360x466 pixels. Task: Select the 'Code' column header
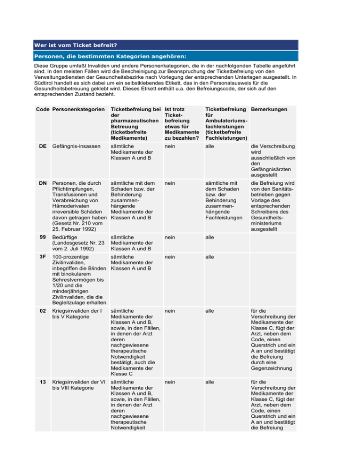click(x=43, y=109)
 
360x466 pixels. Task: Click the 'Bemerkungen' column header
click(x=270, y=109)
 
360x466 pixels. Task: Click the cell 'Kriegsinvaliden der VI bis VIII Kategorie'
click(x=77, y=384)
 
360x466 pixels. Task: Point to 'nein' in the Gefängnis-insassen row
click(x=171, y=147)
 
